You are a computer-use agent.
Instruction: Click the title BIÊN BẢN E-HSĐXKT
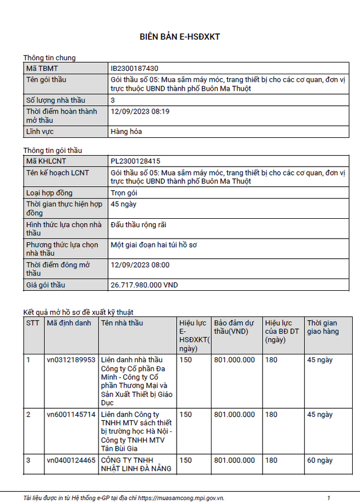coord(179,37)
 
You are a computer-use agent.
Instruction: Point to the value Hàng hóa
coord(127,132)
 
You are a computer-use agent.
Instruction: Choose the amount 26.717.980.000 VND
coord(145,285)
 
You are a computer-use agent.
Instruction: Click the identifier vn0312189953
coord(71,360)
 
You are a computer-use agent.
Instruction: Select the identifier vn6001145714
coord(71,415)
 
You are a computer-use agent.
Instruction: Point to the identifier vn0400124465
coord(71,460)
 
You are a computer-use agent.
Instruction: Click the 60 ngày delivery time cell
coord(319,460)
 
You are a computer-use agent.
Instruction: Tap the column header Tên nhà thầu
coord(122,323)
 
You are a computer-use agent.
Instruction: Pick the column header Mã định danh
coord(69,323)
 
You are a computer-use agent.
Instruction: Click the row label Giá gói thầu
coord(46,285)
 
